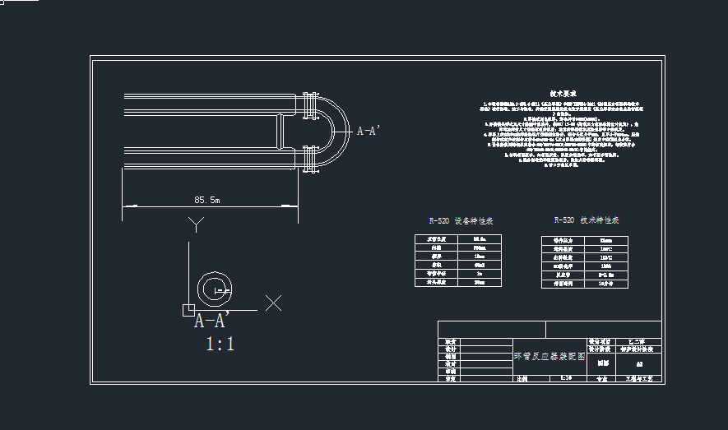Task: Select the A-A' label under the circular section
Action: coord(211,321)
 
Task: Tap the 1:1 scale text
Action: coord(220,344)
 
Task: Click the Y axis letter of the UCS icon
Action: coord(195,224)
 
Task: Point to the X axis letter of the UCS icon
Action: coord(274,303)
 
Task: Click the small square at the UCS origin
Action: coord(188,309)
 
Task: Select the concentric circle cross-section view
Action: coord(216,288)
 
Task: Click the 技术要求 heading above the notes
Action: coord(563,95)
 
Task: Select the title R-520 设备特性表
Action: coord(461,221)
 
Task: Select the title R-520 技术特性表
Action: coord(587,220)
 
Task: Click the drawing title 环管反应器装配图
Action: coord(549,356)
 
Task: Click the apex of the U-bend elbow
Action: coord(349,132)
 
